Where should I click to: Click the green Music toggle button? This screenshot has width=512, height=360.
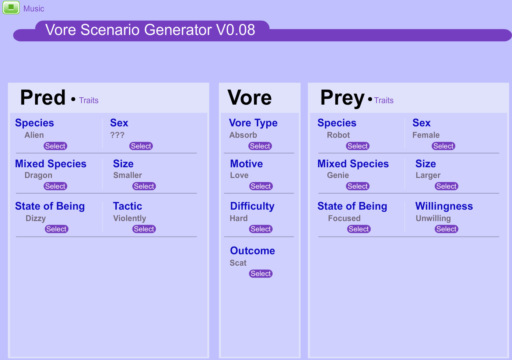pos(11,7)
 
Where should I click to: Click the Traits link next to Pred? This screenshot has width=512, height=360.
pos(89,100)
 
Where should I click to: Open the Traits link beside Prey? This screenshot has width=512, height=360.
pos(384,100)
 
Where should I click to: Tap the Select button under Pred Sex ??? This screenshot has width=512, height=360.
pos(141,146)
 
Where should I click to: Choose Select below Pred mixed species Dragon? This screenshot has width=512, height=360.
pos(55,186)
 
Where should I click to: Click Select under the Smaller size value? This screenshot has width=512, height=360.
pos(144,186)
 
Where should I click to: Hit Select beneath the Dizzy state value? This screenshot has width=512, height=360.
pos(56,229)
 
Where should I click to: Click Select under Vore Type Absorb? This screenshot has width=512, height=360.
pos(260,146)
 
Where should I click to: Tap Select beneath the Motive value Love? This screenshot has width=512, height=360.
pos(261,186)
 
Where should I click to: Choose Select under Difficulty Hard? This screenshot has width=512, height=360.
pos(261,229)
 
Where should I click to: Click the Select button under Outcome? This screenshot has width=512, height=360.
pos(261,273)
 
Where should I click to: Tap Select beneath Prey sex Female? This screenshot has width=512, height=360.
pos(443,146)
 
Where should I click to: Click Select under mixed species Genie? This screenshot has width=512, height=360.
pos(358,186)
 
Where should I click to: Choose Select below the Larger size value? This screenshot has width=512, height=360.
pos(446,186)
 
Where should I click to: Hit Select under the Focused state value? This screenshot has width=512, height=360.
pos(359,229)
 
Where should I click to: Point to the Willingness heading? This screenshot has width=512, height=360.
pos(444,206)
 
